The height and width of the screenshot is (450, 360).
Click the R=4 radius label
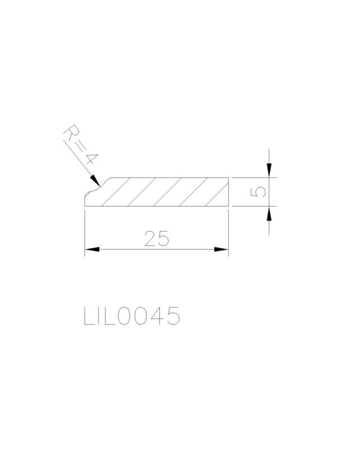(x=81, y=145)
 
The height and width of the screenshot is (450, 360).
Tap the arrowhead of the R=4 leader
(x=95, y=180)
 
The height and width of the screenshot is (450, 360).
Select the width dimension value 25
(x=156, y=238)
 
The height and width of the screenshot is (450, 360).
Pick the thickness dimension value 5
(x=258, y=192)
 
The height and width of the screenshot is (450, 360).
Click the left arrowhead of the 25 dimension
(x=92, y=249)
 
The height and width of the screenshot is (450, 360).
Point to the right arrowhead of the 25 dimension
(x=221, y=249)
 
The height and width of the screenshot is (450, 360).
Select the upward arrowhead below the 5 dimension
(x=269, y=213)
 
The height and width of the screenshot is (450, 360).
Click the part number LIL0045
(x=132, y=316)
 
